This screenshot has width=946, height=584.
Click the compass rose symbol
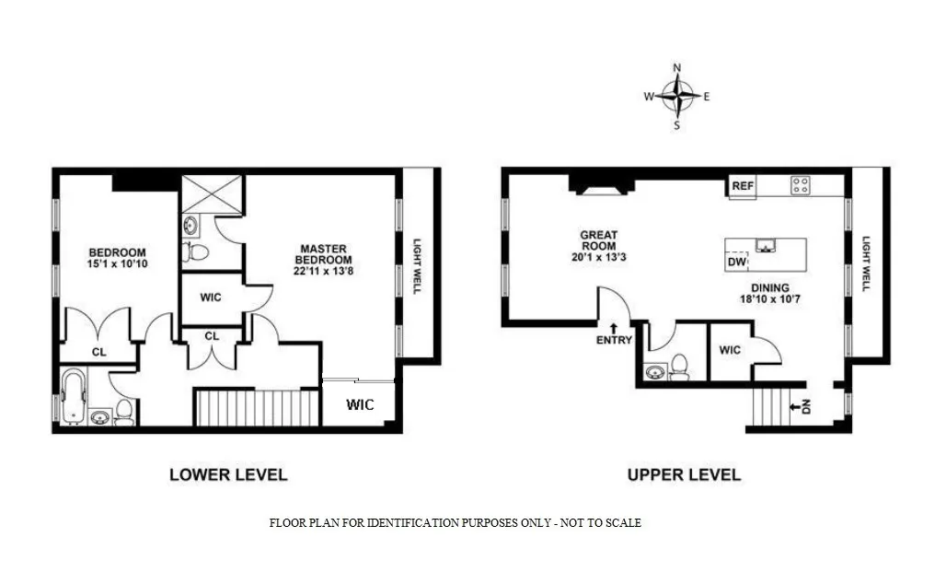point(677,96)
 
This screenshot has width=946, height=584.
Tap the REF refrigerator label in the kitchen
point(743,186)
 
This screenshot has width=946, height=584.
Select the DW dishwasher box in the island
point(736,263)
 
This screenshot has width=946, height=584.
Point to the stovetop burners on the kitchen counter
point(800,185)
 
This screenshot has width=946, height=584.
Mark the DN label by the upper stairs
point(803,405)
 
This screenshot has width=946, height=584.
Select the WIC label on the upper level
point(730,350)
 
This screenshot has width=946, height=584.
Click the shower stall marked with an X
point(213,193)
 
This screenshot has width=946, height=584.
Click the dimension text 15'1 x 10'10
point(117,266)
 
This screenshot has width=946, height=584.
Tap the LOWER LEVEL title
point(228,475)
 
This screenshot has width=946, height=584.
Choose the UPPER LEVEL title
point(684,475)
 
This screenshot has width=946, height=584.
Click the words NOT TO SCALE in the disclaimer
point(603,523)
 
